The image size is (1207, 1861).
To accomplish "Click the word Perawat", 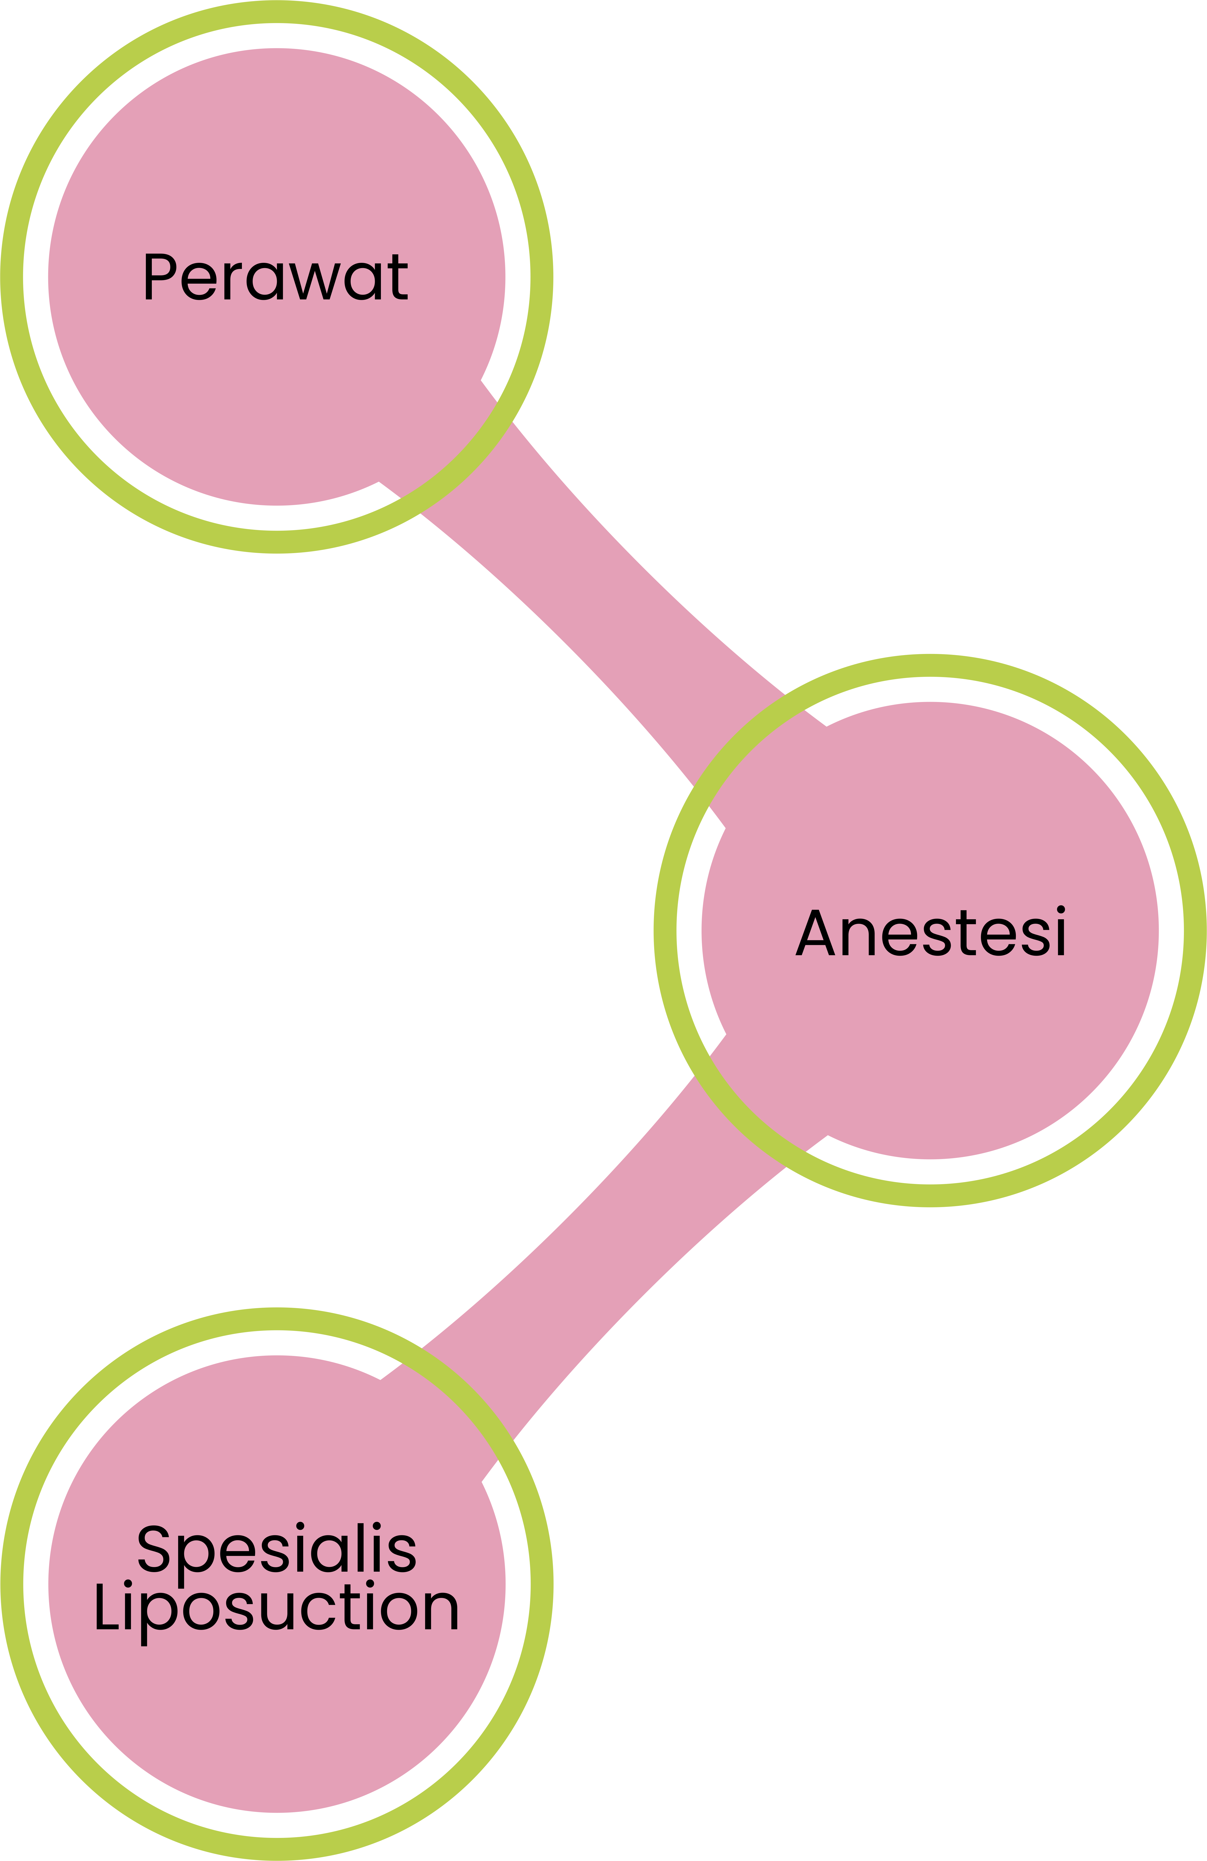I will click(x=277, y=277).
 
